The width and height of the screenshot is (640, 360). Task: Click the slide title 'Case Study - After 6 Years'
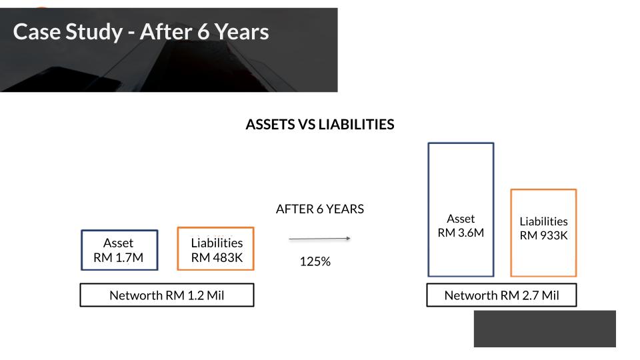click(x=141, y=32)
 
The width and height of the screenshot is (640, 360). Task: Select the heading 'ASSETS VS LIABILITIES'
click(x=320, y=125)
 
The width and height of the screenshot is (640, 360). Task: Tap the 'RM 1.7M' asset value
click(x=119, y=257)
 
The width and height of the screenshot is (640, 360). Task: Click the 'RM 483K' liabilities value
click(x=217, y=257)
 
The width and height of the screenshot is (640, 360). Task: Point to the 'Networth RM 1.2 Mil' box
click(x=167, y=295)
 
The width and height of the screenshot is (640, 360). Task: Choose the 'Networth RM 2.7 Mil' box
click(x=501, y=295)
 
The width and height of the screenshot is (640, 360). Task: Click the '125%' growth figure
click(x=315, y=261)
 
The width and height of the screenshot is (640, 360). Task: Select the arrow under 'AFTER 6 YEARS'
click(x=319, y=239)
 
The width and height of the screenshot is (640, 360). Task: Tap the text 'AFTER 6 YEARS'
click(x=320, y=209)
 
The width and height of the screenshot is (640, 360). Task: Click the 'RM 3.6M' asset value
click(x=461, y=233)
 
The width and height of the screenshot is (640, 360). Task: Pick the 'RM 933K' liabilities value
click(x=544, y=235)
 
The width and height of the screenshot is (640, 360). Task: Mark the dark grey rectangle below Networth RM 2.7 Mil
click(x=545, y=329)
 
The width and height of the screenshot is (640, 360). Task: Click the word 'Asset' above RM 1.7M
click(x=119, y=243)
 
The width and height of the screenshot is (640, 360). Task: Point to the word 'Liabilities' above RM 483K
click(x=217, y=243)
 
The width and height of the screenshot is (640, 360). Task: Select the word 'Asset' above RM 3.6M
click(x=461, y=219)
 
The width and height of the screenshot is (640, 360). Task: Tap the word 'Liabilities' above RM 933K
click(x=544, y=221)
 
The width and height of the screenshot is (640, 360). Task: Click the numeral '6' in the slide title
click(x=203, y=32)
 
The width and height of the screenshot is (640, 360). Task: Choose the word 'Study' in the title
click(x=94, y=33)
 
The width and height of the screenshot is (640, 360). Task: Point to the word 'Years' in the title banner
click(x=242, y=32)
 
